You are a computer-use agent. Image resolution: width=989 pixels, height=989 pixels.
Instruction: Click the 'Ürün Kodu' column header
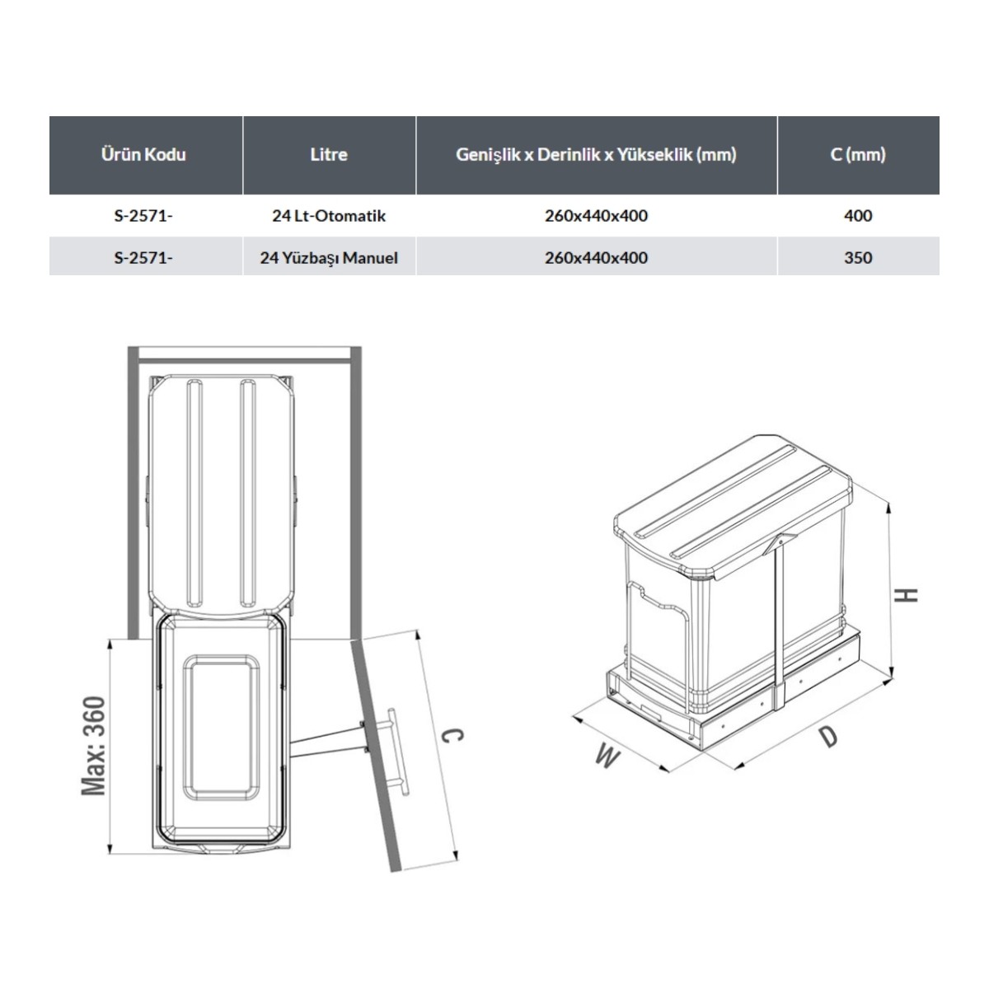pos(143,154)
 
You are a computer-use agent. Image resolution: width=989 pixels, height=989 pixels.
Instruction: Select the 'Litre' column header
pos(329,154)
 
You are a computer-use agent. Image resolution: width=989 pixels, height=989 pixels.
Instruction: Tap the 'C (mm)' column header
pos(858,154)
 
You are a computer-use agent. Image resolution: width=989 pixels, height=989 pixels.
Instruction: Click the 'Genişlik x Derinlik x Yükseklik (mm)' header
pos(597,154)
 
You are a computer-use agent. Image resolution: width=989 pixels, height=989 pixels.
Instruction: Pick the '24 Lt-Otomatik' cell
pos(329,216)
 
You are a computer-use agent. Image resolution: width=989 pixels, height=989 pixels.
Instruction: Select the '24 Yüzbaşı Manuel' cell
pos(329,257)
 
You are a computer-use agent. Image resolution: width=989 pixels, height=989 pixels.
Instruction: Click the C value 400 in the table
pos(858,216)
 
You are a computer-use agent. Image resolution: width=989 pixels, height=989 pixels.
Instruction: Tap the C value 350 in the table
pos(858,257)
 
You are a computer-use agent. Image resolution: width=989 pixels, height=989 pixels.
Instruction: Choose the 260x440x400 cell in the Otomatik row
pos(597,216)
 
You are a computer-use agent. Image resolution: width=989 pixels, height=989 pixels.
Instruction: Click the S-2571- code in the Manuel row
pos(143,257)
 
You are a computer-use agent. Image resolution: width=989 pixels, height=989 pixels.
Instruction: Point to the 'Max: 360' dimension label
pos(94,746)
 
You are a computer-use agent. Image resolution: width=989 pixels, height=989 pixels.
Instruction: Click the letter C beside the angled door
pos(452,735)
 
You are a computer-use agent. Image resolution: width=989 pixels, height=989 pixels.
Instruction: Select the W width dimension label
pos(608,757)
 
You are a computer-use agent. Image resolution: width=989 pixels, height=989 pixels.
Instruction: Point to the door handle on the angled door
pos(399,752)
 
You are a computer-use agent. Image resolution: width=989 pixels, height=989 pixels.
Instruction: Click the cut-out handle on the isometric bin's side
pos(659,602)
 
